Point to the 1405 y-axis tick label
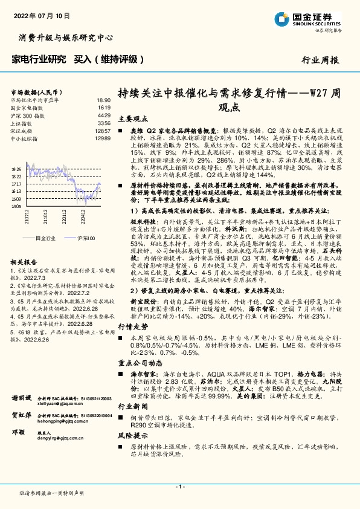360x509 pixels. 17,206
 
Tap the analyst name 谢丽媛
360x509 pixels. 22,398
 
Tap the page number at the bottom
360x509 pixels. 179,487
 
